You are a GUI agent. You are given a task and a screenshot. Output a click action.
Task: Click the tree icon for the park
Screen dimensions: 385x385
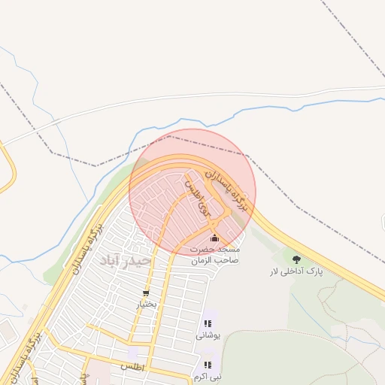point(296,259)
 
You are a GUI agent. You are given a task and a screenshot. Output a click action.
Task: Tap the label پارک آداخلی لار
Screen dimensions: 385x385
point(297,271)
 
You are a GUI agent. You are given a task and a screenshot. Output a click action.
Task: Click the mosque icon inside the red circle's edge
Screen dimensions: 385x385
point(214,238)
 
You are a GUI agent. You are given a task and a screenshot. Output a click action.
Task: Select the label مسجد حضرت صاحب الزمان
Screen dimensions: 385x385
point(214,253)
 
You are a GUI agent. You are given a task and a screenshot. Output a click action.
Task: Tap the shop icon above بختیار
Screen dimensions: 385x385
point(145,293)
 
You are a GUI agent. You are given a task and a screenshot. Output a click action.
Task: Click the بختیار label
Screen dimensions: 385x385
point(146,305)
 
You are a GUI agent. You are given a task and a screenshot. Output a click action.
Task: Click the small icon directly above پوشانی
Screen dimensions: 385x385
point(207,323)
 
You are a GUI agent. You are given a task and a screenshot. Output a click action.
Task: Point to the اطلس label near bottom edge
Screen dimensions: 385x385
point(132,366)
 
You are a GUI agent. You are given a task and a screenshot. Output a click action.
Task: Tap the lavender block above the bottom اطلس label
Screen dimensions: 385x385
point(132,353)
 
